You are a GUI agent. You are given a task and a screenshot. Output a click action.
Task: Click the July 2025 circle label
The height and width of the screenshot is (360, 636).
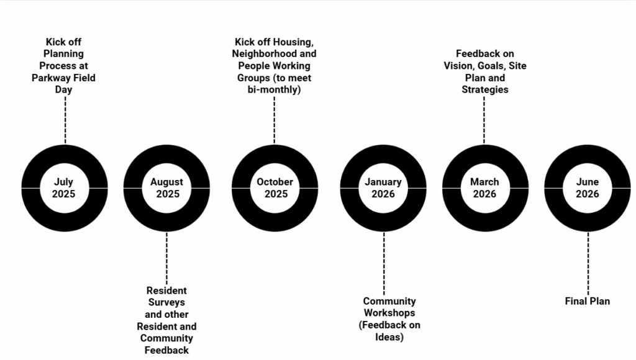pyautogui.click(x=64, y=187)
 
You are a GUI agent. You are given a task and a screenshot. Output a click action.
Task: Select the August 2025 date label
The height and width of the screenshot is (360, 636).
pyautogui.click(x=167, y=187)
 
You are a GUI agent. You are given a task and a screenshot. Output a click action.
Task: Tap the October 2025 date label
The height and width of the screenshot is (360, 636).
pyautogui.click(x=275, y=187)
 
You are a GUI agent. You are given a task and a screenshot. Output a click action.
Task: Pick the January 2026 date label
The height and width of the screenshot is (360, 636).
pyautogui.click(x=383, y=187)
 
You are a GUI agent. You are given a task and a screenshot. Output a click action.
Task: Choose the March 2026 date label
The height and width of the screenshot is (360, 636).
pyautogui.click(x=484, y=187)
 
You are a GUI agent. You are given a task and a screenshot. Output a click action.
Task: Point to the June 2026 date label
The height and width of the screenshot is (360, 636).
pyautogui.click(x=588, y=187)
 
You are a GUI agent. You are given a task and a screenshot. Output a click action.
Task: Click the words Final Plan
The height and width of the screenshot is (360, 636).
pyautogui.click(x=588, y=301)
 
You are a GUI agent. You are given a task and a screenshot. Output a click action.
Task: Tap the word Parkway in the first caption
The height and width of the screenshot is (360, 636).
pyautogui.click(x=50, y=78)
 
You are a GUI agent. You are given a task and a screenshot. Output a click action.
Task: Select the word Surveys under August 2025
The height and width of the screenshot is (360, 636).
pyautogui.click(x=166, y=302)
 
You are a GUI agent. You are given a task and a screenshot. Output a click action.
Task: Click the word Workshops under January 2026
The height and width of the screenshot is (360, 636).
pyautogui.click(x=389, y=313)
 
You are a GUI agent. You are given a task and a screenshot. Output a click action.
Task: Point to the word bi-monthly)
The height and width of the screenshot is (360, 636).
pyautogui.click(x=274, y=90)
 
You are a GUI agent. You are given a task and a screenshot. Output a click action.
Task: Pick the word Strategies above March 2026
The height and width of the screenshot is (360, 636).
pyautogui.click(x=485, y=89)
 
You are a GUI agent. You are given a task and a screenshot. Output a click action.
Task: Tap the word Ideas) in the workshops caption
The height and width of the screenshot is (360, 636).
pyautogui.click(x=389, y=337)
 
